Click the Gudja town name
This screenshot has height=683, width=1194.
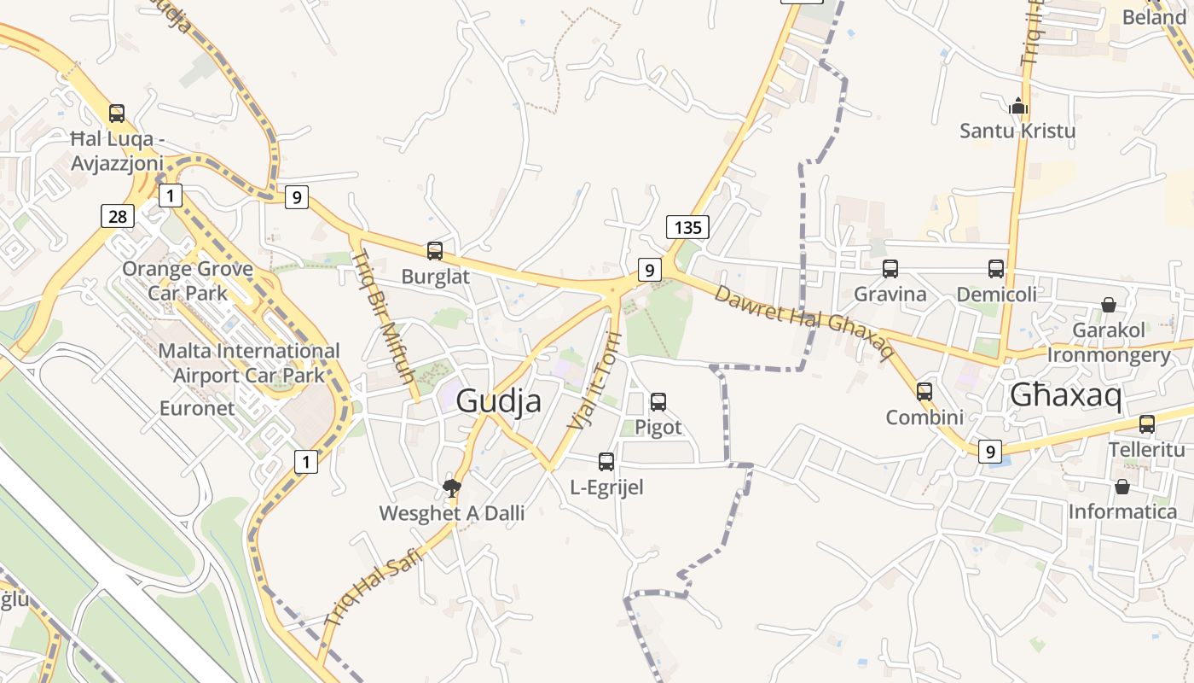coord(499,400)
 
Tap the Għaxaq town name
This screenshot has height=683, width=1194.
coord(1065,395)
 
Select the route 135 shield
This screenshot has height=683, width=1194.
coord(687,227)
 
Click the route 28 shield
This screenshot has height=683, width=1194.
coord(118,216)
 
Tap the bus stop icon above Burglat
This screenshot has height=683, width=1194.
coord(435,251)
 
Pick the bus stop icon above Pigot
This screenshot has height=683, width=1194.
coord(658,402)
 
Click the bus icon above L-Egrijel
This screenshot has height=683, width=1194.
coord(606,462)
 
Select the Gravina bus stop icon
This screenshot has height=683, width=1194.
coord(890,269)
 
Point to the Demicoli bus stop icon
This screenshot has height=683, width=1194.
coord(996,269)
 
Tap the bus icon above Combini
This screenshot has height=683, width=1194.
coord(924,392)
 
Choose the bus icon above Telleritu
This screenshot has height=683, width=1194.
coord(1147,424)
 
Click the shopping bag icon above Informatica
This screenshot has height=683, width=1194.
coord(1122,487)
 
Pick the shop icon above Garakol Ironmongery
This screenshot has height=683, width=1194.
coord(1108,305)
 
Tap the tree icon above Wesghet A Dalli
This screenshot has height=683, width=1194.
coord(452,487)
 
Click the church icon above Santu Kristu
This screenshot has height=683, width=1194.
coord(1017,107)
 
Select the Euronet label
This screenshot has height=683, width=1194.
coord(197,408)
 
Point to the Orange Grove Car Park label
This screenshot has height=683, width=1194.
coord(188,281)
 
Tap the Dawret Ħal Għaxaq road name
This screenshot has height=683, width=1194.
coord(803,322)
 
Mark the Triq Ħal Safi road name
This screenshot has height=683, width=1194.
coord(374,588)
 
